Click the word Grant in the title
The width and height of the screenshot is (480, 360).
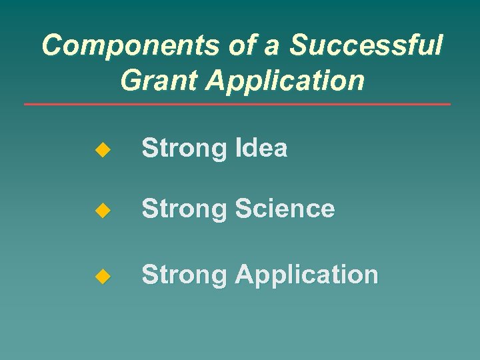pos(160,80)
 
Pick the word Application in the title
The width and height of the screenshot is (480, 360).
pos(285,81)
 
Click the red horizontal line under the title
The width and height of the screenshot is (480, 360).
pos(237,104)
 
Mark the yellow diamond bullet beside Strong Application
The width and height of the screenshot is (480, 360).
pos(101,276)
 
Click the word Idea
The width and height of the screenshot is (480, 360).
pos(261,148)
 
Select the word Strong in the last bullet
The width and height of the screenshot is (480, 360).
pos(185,275)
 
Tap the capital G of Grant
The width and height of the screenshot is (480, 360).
pos(131,80)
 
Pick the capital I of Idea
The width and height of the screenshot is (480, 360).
pos(237,148)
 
